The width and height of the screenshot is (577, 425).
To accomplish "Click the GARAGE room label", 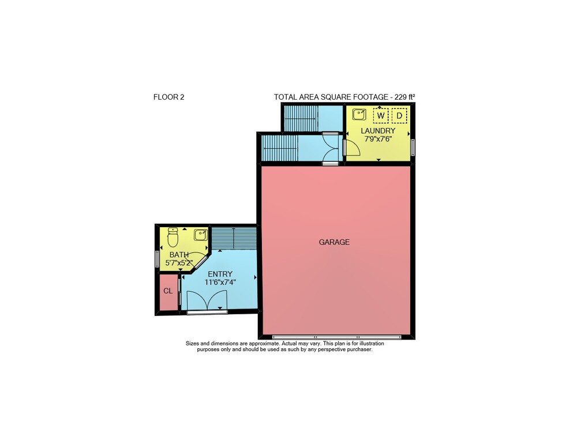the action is (334, 242).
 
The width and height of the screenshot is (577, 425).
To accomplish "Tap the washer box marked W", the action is (380, 116).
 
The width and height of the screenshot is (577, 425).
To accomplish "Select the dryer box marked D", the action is (399, 116).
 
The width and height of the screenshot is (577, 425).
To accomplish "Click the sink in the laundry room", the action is (359, 115).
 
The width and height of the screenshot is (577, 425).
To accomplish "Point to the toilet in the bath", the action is (173, 237).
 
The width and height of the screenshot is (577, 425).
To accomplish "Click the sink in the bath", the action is (201, 235).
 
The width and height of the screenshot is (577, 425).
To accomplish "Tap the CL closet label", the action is (168, 291).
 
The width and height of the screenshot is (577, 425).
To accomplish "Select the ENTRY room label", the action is (220, 274).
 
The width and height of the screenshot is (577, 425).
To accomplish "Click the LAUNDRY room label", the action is (378, 130).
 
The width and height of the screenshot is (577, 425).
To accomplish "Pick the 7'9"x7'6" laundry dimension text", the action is (378, 139).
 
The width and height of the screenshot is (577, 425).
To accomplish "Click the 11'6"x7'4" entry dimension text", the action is (220, 283).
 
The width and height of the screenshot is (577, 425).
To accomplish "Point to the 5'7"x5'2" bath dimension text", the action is (179, 263).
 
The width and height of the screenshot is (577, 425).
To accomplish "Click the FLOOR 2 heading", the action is (169, 97).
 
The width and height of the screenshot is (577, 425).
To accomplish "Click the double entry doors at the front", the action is (207, 302).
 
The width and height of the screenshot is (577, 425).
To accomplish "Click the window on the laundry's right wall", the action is (413, 147).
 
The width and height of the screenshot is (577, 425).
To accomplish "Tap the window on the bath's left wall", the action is (157, 258).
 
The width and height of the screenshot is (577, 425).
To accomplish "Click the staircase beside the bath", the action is (234, 238).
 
